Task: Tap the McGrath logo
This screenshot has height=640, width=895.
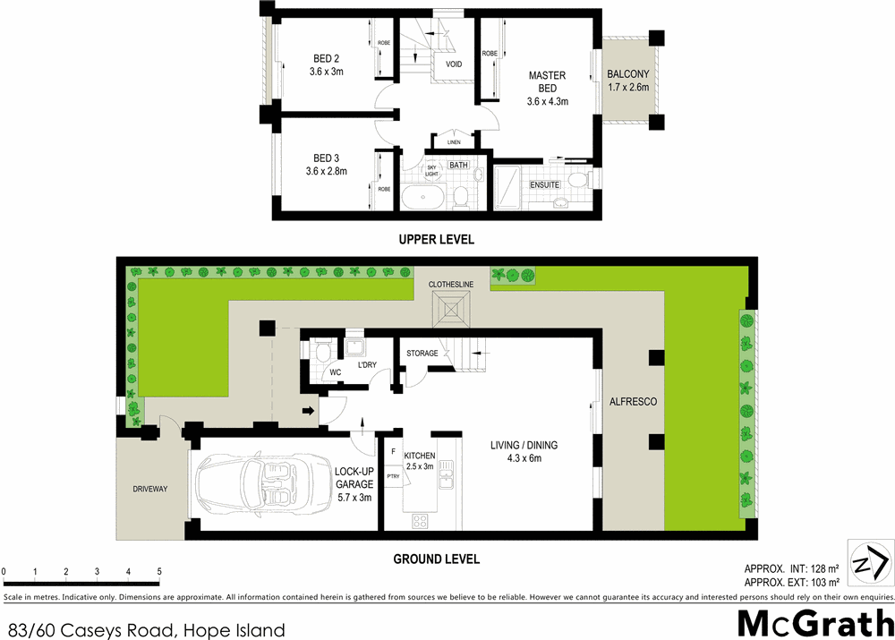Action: coord(813,621)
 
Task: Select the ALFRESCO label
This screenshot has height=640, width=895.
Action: coord(633,402)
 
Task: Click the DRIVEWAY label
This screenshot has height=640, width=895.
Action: coord(150,489)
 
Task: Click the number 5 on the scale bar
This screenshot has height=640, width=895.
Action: coord(159,571)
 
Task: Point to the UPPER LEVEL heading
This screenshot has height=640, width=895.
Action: coord(437,240)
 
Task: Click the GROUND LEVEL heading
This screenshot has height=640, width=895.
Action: coord(437,559)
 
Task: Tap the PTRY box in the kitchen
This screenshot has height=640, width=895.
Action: coord(394,475)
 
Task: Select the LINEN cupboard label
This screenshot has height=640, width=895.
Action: coord(455,142)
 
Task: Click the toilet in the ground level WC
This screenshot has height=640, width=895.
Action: coord(322,354)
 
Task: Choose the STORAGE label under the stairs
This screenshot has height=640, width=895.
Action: coord(422,354)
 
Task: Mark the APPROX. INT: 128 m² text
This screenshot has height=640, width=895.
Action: coord(790,568)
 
